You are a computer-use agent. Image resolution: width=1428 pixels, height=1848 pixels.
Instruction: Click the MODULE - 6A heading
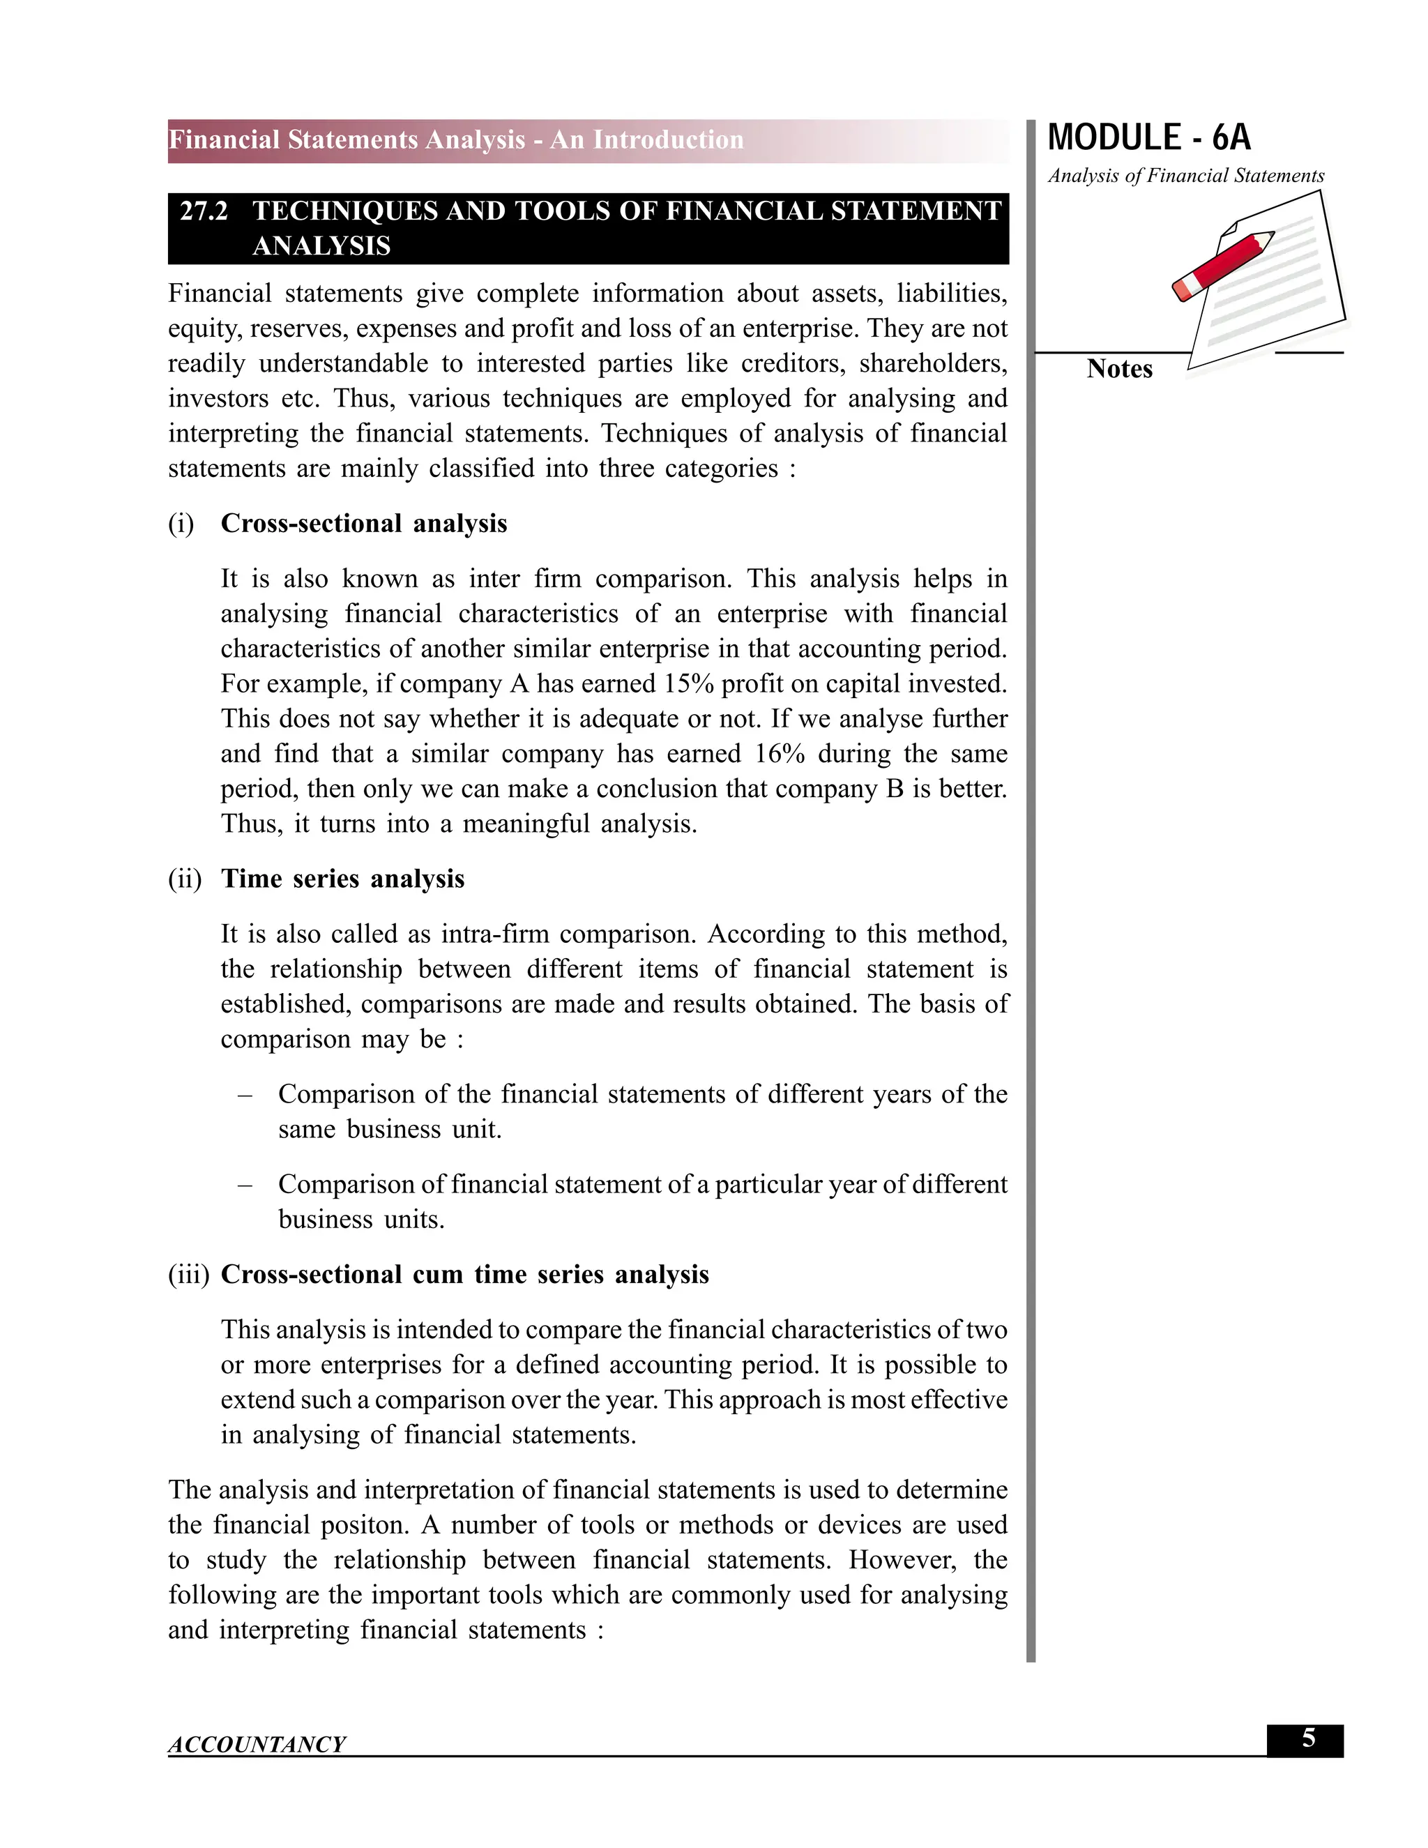click(x=1149, y=138)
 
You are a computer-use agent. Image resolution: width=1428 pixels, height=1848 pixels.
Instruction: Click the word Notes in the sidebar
click(x=1119, y=369)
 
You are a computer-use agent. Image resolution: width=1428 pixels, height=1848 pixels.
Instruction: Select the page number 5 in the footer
click(x=1308, y=1739)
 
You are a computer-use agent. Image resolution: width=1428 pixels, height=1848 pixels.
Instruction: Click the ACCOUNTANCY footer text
click(x=257, y=1744)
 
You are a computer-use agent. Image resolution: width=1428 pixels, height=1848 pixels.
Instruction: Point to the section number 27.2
click(x=204, y=211)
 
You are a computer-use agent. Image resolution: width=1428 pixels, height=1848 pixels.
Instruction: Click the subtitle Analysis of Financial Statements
click(x=1185, y=176)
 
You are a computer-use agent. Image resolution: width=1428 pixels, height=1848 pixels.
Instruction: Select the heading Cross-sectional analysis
click(x=364, y=524)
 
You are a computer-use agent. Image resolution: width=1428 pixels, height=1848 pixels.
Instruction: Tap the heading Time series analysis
click(x=342, y=879)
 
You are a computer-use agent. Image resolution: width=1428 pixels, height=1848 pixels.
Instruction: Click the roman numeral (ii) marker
click(x=184, y=879)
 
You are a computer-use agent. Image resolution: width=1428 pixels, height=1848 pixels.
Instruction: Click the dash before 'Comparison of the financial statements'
click(x=245, y=1095)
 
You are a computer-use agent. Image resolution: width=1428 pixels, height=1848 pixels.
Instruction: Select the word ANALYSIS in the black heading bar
click(x=321, y=246)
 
